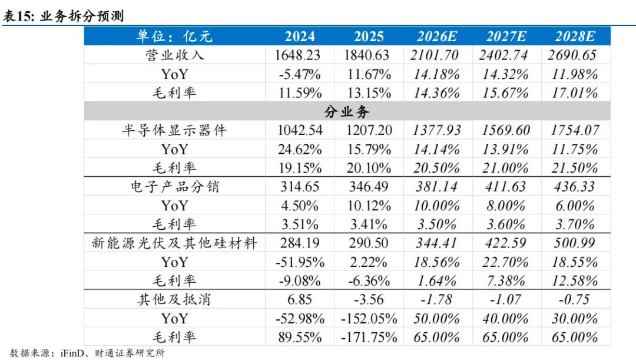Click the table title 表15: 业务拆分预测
tap(63, 16)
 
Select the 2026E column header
tap(437, 37)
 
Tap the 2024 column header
tap(300, 37)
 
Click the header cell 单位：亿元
tap(174, 37)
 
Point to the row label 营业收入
tap(174, 55)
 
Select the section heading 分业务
tap(347, 111)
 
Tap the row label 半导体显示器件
tap(174, 130)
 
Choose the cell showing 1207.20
tap(369, 130)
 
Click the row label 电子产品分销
tap(174, 187)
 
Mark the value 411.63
tap(505, 187)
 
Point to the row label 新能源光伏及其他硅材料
tap(174, 243)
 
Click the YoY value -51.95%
tap(300, 262)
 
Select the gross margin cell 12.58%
tap(575, 281)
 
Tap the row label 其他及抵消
tap(174, 299)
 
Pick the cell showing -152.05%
tap(369, 319)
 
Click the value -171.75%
tap(369, 337)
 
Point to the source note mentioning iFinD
tap(87, 353)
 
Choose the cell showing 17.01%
tap(575, 93)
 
